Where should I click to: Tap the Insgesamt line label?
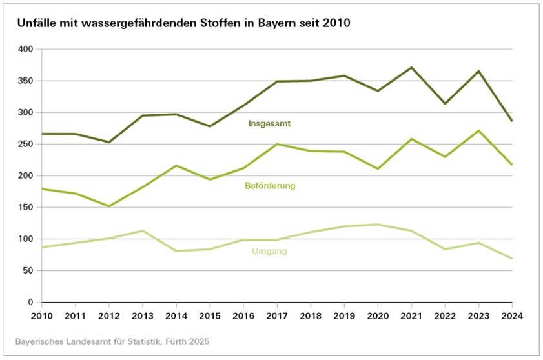coord(267,123)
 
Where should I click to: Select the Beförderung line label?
coord(270,186)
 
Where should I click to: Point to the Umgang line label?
coord(269,252)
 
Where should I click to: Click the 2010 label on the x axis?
coord(42,315)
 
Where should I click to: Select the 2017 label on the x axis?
coord(276,315)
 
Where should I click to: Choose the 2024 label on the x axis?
coord(511,315)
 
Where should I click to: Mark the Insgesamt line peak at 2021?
coord(411,67)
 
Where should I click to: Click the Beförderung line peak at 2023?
coord(478,131)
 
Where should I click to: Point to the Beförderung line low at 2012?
coord(109,206)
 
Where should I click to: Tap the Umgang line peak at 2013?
coord(143,231)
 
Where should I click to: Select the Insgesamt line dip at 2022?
coord(445,103)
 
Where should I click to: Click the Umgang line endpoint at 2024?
coord(511,258)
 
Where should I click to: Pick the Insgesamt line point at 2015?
coord(210,126)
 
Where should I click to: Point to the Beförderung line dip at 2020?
coord(378,168)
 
